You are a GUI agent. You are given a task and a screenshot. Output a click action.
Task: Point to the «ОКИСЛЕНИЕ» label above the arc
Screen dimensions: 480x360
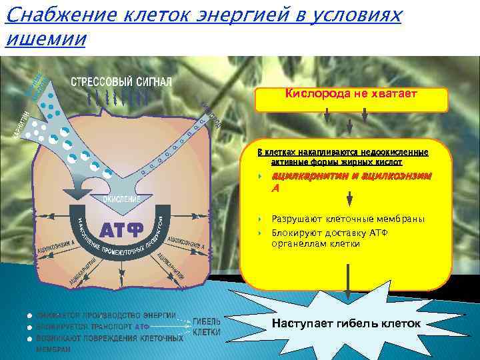(x=121, y=199)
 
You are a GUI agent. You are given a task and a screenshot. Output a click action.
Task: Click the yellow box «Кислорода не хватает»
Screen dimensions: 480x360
(x=351, y=95)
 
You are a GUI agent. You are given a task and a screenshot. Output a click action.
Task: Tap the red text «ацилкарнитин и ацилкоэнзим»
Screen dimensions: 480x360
(x=351, y=176)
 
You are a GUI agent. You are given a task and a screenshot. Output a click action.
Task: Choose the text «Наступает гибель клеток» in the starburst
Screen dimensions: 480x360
(x=347, y=324)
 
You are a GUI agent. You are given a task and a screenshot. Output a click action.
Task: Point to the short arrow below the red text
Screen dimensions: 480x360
(x=349, y=199)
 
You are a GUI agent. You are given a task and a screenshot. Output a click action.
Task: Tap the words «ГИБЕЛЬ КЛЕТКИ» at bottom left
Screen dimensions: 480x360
(x=207, y=326)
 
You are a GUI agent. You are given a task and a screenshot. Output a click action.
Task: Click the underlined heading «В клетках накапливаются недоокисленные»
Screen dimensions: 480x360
(x=343, y=152)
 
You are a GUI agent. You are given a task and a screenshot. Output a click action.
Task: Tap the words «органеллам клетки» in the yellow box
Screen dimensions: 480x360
(x=316, y=244)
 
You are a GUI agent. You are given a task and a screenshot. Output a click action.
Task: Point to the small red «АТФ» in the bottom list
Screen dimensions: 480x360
(x=143, y=327)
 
